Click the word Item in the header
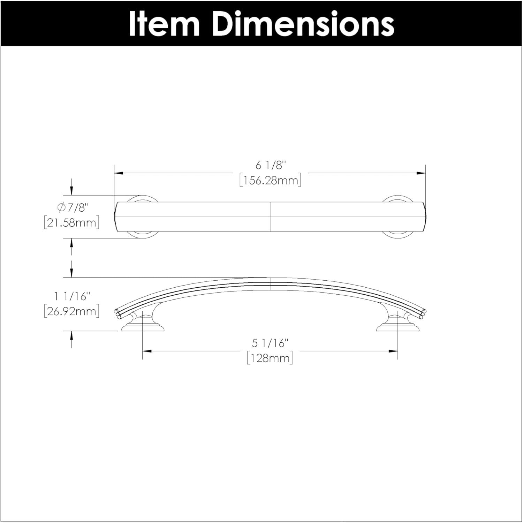[x=164, y=24]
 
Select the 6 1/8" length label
[x=270, y=166]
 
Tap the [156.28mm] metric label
[x=270, y=181]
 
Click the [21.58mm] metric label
[x=72, y=222]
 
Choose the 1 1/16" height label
[x=72, y=296]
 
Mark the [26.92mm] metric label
[x=72, y=311]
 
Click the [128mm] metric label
[x=270, y=358]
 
